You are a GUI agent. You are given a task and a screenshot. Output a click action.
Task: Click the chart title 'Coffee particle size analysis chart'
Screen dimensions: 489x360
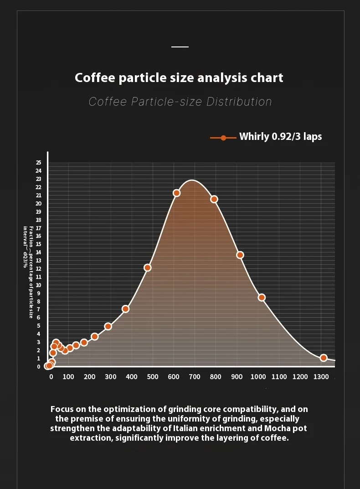coord(179,77)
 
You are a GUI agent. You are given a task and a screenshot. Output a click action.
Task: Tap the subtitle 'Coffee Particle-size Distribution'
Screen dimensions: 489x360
coord(180,101)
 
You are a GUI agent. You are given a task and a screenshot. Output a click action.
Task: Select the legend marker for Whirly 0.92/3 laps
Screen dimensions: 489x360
coord(223,138)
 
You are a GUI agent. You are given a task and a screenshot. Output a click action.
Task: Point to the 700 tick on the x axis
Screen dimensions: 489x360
coord(194,377)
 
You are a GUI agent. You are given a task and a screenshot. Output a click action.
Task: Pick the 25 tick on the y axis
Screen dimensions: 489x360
coord(38,163)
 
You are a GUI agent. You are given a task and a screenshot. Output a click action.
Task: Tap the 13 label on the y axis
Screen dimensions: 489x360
coord(38,261)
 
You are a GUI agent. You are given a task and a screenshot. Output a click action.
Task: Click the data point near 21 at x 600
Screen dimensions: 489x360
coord(176,193)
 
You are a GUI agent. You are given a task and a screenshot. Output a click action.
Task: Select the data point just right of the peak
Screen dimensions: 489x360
coord(214,199)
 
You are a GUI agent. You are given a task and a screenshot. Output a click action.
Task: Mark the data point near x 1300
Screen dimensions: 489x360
coord(324,358)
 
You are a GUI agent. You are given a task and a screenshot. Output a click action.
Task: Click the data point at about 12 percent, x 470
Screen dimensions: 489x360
coord(147,268)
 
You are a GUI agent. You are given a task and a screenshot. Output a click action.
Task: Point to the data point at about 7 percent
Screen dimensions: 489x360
coord(125,309)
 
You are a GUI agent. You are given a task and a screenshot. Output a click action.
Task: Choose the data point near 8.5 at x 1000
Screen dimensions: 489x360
coord(262,298)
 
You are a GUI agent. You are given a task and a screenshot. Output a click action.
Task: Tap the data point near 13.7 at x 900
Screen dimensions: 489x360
coord(240,255)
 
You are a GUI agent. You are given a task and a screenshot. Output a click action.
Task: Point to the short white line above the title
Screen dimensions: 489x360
coord(180,47)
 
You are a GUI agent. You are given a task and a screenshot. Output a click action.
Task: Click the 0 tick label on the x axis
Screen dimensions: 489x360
coord(51,377)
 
